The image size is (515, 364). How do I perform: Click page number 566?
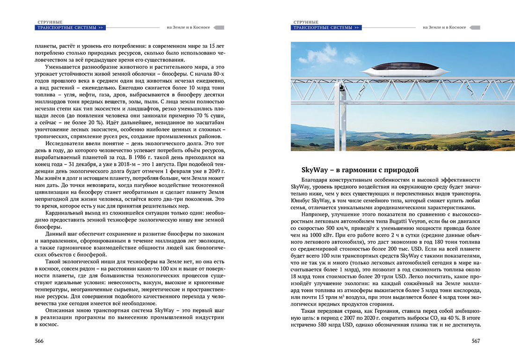[39, 341]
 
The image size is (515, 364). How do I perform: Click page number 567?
[476, 341]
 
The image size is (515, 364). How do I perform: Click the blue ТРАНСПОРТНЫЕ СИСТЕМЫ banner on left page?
[70, 28]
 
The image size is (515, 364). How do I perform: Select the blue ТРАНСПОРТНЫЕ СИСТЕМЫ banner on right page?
[326, 28]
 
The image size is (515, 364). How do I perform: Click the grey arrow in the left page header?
[218, 27]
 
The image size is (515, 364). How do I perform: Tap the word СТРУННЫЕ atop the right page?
[306, 22]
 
